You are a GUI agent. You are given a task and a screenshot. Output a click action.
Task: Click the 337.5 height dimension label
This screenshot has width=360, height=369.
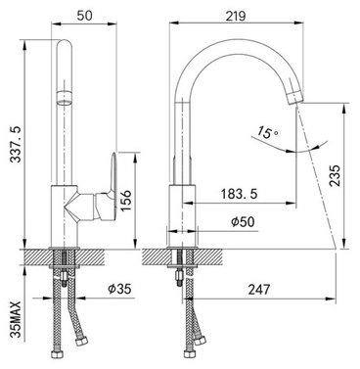(x=16, y=144)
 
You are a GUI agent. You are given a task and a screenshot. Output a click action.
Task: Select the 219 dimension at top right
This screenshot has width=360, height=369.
(x=236, y=16)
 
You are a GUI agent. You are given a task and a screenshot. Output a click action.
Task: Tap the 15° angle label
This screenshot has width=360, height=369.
(x=267, y=132)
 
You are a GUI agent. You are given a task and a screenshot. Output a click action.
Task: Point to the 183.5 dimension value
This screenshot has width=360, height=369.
(x=240, y=194)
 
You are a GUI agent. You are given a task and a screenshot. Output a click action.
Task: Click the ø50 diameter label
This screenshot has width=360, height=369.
(x=243, y=222)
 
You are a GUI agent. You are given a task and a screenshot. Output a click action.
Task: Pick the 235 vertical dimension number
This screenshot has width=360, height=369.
(x=335, y=175)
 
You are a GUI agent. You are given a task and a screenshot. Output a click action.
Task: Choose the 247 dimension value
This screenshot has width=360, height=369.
(x=259, y=289)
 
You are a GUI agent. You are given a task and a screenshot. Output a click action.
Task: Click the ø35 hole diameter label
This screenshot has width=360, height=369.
(x=119, y=289)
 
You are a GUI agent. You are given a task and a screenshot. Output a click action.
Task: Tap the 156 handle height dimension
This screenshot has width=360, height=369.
(x=126, y=201)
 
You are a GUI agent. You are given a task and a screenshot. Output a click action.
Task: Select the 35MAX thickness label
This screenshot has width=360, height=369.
(x=16, y=319)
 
